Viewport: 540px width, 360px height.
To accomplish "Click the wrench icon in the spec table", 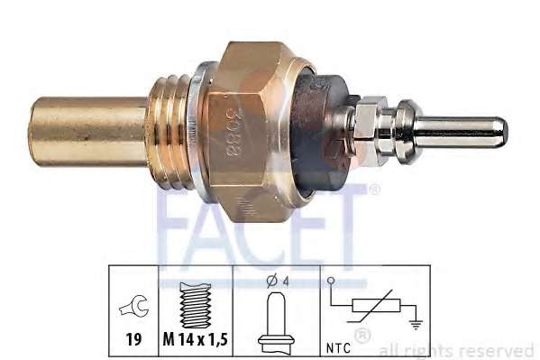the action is pyautogui.click(x=134, y=306).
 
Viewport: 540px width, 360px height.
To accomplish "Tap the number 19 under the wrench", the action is pyautogui.click(x=133, y=340).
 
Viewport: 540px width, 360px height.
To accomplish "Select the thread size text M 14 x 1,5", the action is pyautogui.click(x=196, y=340).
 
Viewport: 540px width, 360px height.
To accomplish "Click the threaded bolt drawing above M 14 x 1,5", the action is pyautogui.click(x=195, y=305).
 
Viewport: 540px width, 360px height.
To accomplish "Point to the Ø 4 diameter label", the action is pyautogui.click(x=278, y=282).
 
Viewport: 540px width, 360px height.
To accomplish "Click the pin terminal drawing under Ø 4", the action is pyautogui.click(x=276, y=323).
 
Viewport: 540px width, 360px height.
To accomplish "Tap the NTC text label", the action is pyautogui.click(x=338, y=348).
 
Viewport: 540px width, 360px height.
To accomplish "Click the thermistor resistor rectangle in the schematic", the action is pyautogui.click(x=377, y=306).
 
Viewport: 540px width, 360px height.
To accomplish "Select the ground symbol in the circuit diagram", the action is pyautogui.click(x=416, y=325).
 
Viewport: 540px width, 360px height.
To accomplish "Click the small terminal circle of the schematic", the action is pyautogui.click(x=331, y=281).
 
